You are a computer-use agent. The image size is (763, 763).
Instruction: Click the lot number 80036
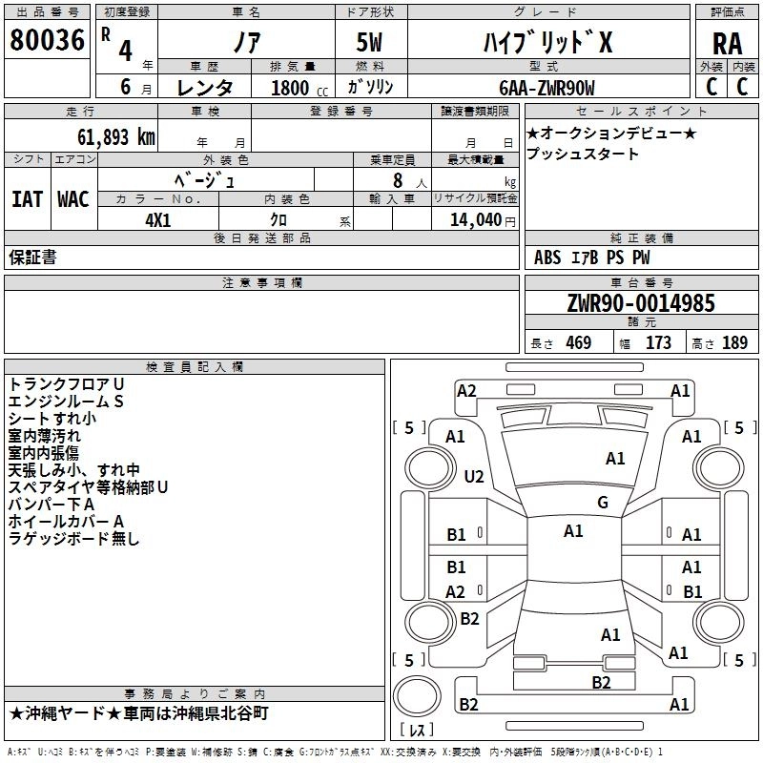click(x=48, y=41)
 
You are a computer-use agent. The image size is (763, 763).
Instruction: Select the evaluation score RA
click(x=727, y=43)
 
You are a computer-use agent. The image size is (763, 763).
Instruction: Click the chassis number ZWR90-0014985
click(x=641, y=303)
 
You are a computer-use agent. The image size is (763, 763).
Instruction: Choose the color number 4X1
click(x=157, y=217)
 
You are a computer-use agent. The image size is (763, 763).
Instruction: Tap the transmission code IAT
click(x=27, y=199)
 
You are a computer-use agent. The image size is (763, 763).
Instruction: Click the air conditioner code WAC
click(x=73, y=199)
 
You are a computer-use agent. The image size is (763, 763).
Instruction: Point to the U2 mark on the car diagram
click(x=474, y=476)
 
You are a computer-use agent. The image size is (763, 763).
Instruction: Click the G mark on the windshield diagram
click(x=603, y=502)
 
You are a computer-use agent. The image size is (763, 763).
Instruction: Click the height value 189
click(x=734, y=343)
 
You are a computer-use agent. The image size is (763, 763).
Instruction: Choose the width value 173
click(x=659, y=343)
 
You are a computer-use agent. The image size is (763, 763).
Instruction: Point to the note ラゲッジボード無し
click(x=73, y=539)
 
